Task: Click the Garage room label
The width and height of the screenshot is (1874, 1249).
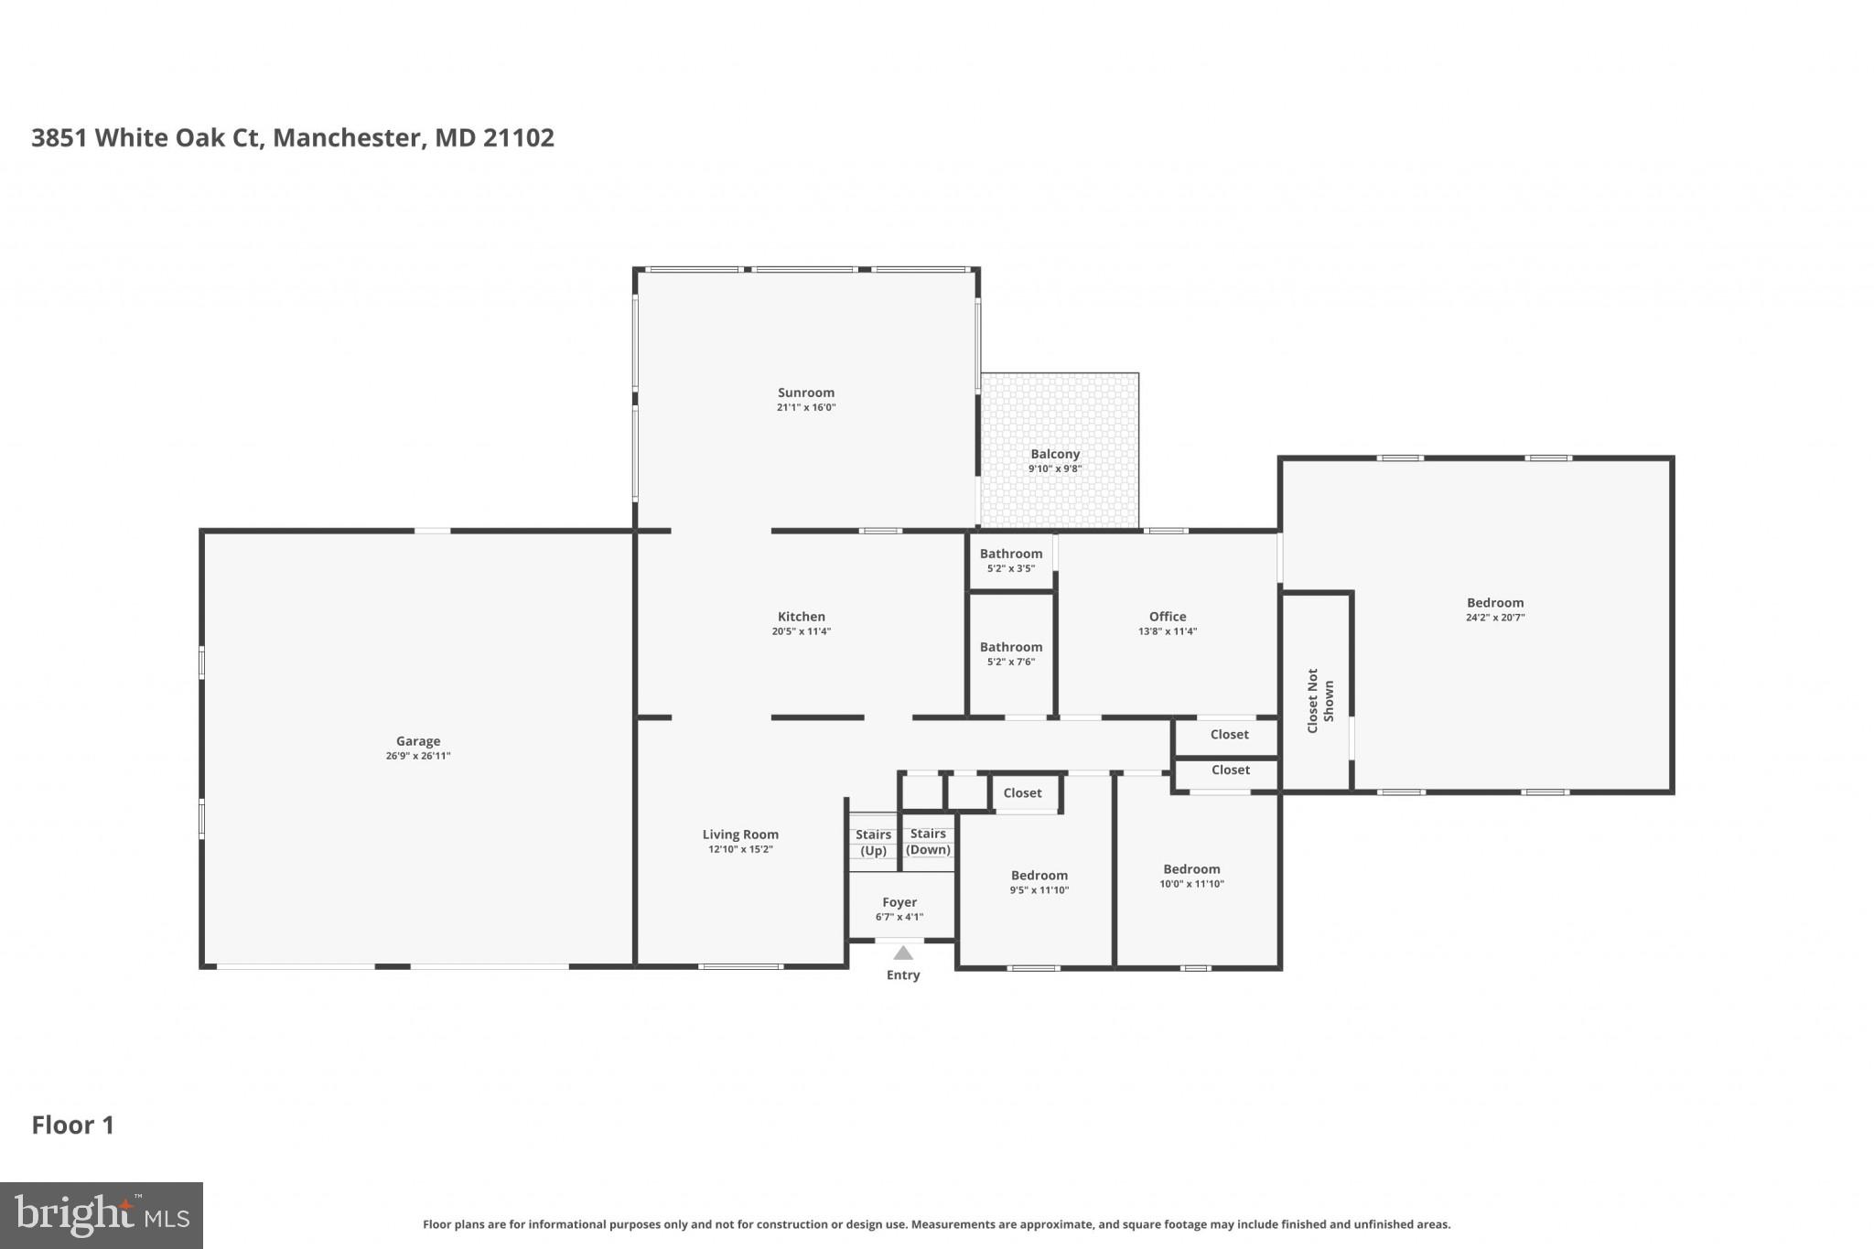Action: pos(418,741)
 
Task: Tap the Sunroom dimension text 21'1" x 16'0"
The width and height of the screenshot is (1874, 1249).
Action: pos(806,408)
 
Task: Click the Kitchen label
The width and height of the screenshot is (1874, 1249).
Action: pos(802,617)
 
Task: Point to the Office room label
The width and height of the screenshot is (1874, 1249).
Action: pos(1168,617)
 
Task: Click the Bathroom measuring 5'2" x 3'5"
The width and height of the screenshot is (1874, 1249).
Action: pos(1011,560)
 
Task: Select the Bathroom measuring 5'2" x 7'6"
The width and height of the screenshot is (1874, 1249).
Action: pos(1011,653)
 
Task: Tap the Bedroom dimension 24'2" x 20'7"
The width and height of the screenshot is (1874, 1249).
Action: pos(1495,618)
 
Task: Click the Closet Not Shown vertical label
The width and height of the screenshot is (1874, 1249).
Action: pos(1320,700)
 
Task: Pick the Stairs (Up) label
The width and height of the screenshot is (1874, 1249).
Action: pos(873,843)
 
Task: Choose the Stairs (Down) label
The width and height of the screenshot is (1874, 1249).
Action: pos(928,842)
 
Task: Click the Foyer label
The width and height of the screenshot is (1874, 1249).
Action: pos(899,902)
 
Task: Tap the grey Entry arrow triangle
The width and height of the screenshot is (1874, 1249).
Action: pos(903,953)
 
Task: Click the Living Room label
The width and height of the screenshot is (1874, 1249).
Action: pos(740,834)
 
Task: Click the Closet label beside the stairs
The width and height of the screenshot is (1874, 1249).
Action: pos(1022,793)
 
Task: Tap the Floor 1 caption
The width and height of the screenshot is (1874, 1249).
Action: pos(73,1125)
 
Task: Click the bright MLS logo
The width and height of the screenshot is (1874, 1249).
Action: pos(102,1215)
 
